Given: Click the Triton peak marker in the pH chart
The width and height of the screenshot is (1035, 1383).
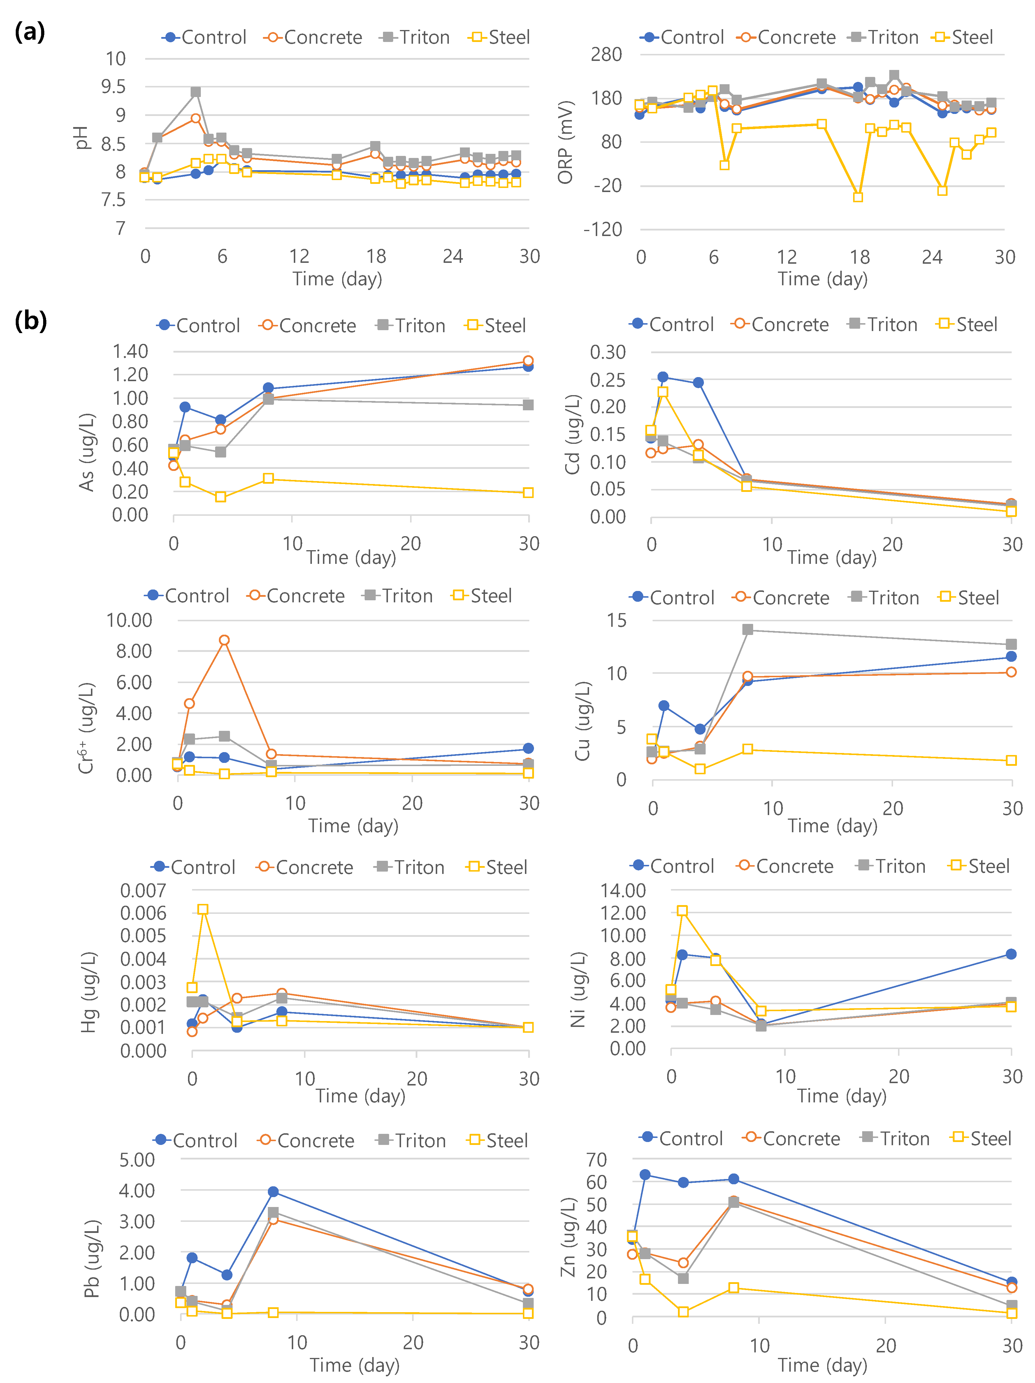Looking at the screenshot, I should point(196,92).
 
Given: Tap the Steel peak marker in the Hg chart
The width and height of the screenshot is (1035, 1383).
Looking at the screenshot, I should point(203,909).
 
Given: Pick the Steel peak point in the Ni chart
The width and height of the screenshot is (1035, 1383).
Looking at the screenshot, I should point(682,911).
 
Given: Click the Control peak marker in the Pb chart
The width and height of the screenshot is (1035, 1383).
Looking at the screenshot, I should point(273,1192).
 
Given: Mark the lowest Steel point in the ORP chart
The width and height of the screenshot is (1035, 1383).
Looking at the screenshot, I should point(858,197).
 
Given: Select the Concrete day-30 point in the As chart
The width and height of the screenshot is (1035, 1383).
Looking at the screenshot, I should point(528,361).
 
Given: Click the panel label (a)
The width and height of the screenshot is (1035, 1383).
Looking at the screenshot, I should point(30,31).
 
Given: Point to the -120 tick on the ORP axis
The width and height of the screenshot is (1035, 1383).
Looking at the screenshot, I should point(602,229).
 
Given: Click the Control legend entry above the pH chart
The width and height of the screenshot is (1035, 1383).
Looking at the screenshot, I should point(205,38).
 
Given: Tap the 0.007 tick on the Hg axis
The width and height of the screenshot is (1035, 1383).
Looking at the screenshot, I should point(143,890).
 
